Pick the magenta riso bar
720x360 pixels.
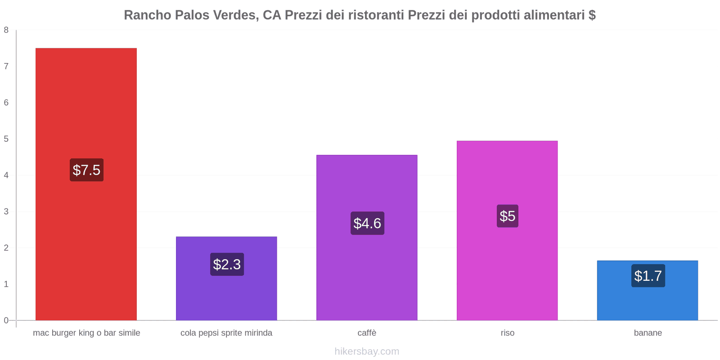tap(507, 270)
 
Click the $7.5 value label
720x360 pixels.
tap(86, 170)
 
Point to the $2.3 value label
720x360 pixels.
tap(227, 264)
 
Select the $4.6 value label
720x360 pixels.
tap(367, 223)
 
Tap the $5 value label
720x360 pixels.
tap(507, 216)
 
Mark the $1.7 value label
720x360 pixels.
tap(648, 275)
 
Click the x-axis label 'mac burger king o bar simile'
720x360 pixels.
tap(86, 333)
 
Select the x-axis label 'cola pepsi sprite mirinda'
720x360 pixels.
tap(226, 333)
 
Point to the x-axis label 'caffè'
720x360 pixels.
tap(367, 333)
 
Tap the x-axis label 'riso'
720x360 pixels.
tap(507, 333)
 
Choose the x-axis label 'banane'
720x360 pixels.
tap(648, 333)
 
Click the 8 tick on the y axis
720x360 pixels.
tap(6, 30)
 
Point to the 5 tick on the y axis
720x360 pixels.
tap(6, 139)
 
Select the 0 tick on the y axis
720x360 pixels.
tap(6, 320)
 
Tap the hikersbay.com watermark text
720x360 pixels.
tap(367, 351)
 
